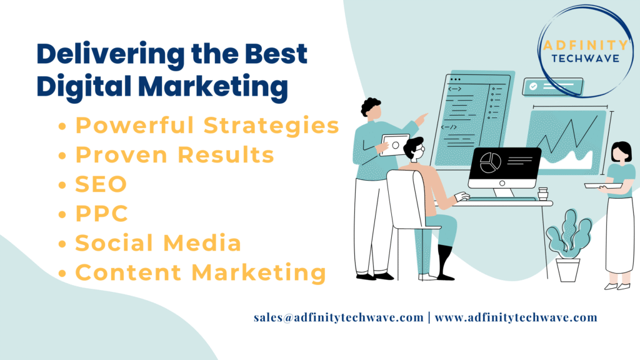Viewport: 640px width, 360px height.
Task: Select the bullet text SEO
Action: click(x=101, y=184)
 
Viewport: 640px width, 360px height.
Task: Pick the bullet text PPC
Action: click(x=102, y=214)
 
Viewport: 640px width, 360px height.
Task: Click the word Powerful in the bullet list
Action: click(x=135, y=125)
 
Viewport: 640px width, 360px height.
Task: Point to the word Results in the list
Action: click(x=226, y=155)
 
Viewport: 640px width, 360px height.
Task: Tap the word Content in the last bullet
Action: click(x=128, y=272)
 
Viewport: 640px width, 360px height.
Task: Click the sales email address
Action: click(x=338, y=317)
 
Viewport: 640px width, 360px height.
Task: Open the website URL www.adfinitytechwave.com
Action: click(x=516, y=317)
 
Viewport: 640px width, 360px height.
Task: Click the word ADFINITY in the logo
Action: click(x=585, y=45)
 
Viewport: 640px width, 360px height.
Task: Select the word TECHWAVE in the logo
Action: click(x=585, y=59)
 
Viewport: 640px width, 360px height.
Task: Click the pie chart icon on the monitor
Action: click(x=490, y=162)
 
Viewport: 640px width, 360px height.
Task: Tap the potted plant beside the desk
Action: click(x=568, y=246)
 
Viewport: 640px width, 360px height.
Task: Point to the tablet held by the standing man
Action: click(x=395, y=145)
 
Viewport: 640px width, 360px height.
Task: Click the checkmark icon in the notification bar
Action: click(x=533, y=86)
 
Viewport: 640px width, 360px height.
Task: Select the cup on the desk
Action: click(x=542, y=194)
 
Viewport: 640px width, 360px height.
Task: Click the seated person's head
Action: click(x=414, y=149)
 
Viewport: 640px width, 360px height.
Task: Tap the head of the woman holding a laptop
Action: click(x=621, y=152)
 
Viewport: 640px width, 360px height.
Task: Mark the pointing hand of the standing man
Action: click(x=422, y=119)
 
